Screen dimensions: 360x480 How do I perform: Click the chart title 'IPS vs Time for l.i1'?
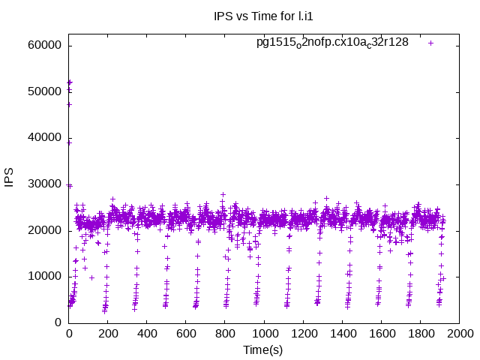tap(263, 13)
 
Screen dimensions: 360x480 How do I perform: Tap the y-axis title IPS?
tap(10, 184)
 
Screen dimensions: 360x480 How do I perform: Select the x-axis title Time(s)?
tap(263, 349)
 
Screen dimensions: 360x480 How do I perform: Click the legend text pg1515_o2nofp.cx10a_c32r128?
tap(332, 42)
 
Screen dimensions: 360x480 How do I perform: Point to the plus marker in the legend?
tap(430, 43)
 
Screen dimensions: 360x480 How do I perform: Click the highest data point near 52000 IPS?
tap(70, 82)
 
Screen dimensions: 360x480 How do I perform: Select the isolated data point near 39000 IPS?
tap(69, 142)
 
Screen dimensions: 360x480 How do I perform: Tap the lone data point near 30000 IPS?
tap(69, 185)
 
